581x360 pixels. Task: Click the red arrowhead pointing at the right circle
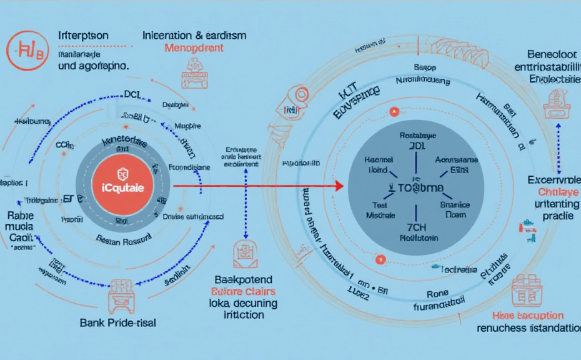click(x=339, y=186)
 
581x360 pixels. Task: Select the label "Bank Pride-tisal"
click(x=118, y=322)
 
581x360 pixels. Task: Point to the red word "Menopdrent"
click(x=194, y=48)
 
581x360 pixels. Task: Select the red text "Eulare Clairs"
click(x=244, y=291)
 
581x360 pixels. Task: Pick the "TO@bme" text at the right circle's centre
click(x=418, y=187)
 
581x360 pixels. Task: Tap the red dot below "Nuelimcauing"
click(x=394, y=112)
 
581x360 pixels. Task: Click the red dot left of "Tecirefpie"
click(x=378, y=259)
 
